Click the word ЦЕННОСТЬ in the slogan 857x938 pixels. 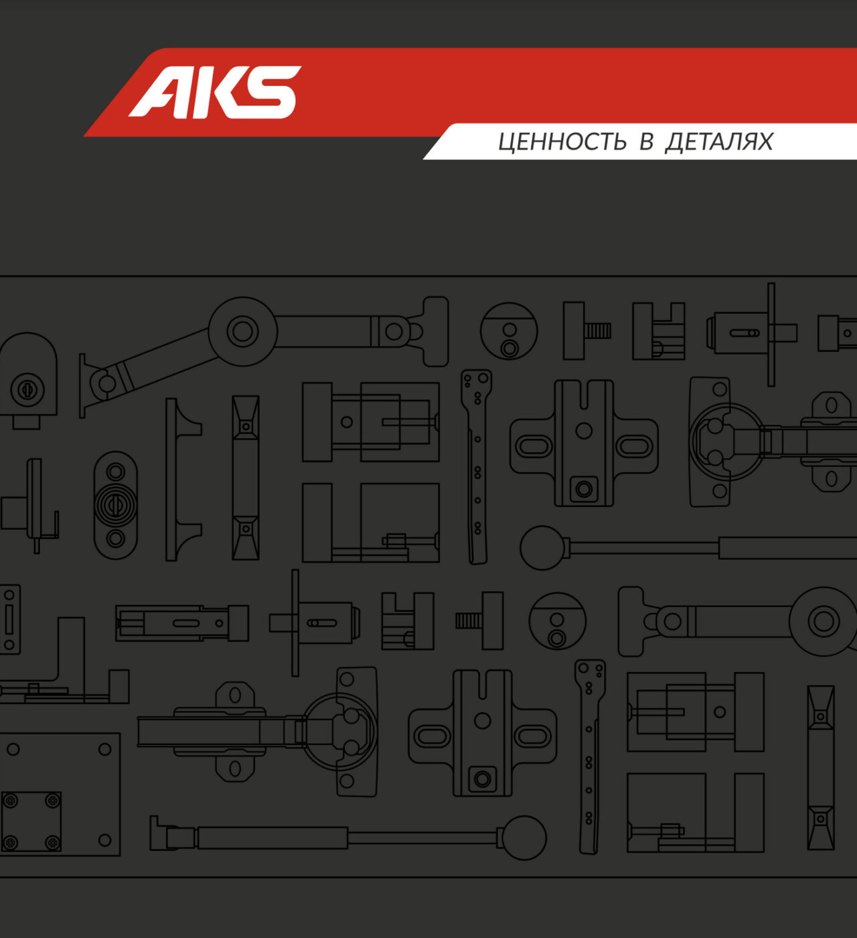click(562, 142)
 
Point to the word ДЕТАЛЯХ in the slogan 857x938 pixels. click(719, 142)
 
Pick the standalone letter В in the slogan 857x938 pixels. click(646, 141)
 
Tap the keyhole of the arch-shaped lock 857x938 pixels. click(27, 389)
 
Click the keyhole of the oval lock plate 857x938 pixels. click(115, 505)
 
